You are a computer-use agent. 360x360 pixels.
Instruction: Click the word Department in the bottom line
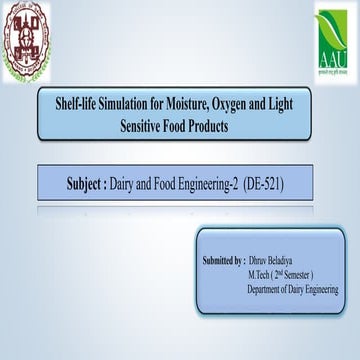pyautogui.click(x=267, y=288)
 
